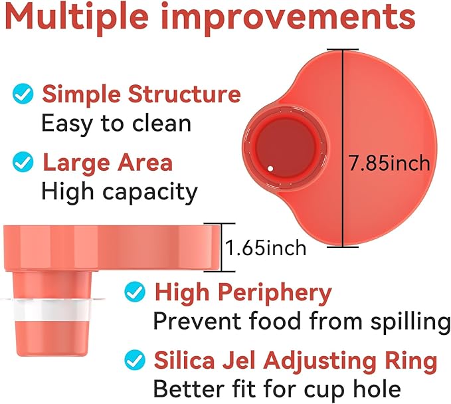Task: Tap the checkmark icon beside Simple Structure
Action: [23, 94]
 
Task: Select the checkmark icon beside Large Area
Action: [23, 162]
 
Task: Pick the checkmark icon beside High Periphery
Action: [135, 292]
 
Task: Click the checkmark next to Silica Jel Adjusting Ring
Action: [135, 360]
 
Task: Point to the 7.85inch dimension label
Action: [389, 163]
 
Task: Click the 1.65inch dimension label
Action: [266, 248]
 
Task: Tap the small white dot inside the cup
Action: [270, 169]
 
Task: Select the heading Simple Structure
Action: [141, 94]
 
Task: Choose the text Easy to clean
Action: [116, 124]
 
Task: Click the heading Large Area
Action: [108, 163]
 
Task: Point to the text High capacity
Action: [120, 192]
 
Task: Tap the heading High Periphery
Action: [243, 293]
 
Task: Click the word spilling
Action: [410, 322]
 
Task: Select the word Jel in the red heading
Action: [238, 361]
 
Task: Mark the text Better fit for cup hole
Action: [277, 389]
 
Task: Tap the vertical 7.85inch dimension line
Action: [343, 148]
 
